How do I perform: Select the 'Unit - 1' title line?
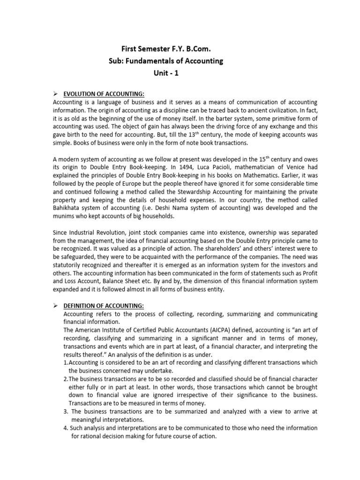click(x=166, y=73)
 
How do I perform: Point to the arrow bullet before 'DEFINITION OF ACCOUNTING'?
click(x=55, y=306)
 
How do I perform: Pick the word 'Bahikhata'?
click(x=68, y=208)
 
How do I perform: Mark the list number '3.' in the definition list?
click(x=66, y=412)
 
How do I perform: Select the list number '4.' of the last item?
click(x=66, y=428)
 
